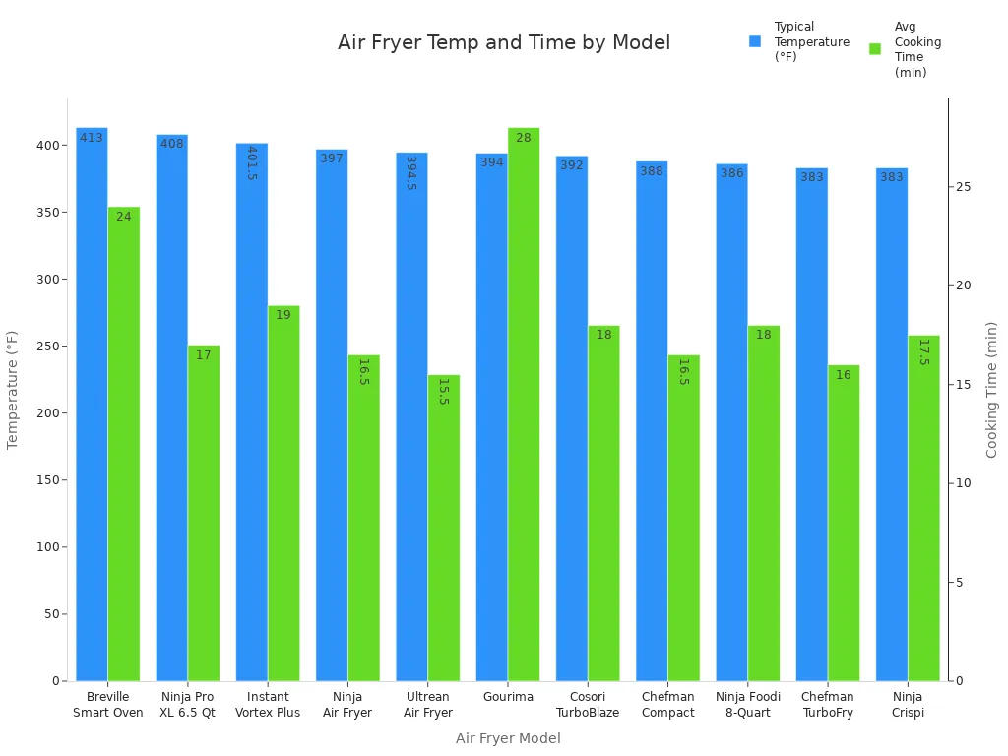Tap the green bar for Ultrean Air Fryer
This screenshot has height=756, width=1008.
[443, 532]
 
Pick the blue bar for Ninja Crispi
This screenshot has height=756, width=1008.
[892, 433]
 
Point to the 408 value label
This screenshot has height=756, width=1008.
[171, 144]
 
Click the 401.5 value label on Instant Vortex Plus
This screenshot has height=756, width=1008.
[251, 162]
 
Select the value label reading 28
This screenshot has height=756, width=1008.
[524, 138]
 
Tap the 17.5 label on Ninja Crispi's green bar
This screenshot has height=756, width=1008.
[923, 351]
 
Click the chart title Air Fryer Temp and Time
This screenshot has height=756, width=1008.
[504, 43]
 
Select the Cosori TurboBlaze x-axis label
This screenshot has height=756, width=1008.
[587, 705]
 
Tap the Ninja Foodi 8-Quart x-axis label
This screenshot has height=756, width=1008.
[747, 705]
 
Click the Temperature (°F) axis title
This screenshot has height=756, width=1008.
[13, 390]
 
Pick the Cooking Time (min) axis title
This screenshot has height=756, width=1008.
[991, 390]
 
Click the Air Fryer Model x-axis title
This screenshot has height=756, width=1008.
[508, 738]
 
